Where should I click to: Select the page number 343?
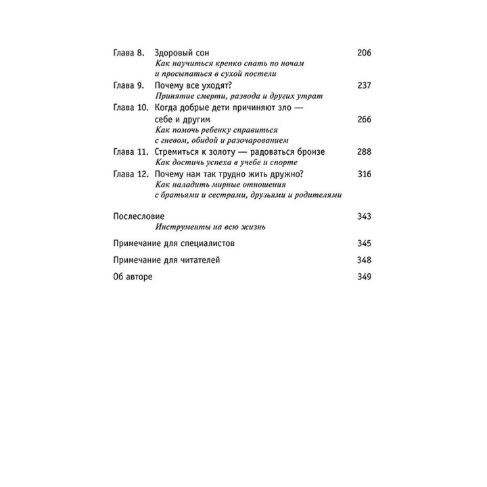(x=364, y=216)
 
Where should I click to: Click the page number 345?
(x=364, y=243)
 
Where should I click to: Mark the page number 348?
(x=364, y=260)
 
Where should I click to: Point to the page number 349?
(x=364, y=278)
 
